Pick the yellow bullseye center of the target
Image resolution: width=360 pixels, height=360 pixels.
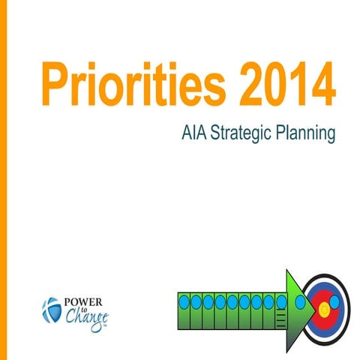tap(323, 306)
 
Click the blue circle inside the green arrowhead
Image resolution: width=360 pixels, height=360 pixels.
tap(301, 302)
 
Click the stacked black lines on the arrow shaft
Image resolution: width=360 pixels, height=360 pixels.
tap(280, 320)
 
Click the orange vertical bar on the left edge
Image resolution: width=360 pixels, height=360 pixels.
tap(3, 180)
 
